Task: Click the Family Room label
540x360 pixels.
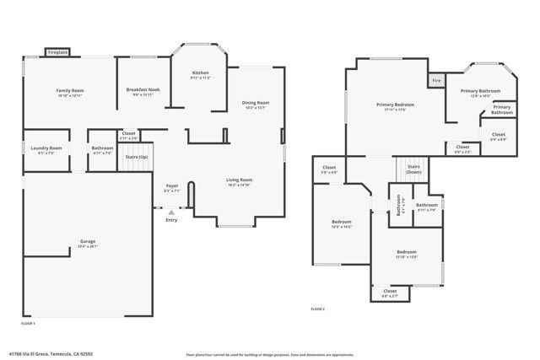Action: (x=70, y=90)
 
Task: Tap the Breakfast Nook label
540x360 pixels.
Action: (x=143, y=89)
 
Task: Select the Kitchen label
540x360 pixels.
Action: (x=200, y=73)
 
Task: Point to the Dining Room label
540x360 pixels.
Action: (x=256, y=103)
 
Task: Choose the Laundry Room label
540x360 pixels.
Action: (x=40, y=148)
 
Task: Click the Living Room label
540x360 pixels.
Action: (x=239, y=180)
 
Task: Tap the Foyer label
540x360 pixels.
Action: (x=171, y=185)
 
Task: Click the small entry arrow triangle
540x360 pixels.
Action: (x=171, y=212)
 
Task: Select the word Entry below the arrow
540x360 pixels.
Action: (x=172, y=221)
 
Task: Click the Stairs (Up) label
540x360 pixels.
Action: (x=137, y=157)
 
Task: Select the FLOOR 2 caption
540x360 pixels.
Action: (x=317, y=309)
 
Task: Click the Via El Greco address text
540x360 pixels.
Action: (x=51, y=354)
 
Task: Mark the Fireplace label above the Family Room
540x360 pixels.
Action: (x=57, y=52)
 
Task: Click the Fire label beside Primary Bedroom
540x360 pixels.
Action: (x=436, y=81)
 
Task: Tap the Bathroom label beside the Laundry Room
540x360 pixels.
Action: (x=102, y=148)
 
